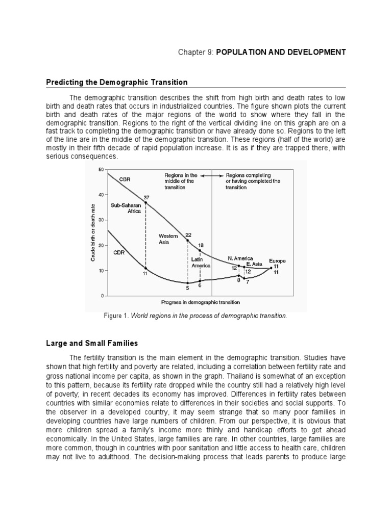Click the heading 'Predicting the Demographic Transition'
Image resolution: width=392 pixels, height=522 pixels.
coord(117,82)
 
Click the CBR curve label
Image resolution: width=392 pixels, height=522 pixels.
coord(125,179)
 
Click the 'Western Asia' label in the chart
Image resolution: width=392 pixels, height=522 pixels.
coord(168,239)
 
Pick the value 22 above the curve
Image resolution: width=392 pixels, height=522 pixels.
coord(188,234)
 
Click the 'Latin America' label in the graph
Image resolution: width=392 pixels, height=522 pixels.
coord(201,262)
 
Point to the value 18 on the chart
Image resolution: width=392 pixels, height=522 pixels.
coord(201,245)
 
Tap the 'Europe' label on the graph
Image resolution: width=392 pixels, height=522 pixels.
coord(278,260)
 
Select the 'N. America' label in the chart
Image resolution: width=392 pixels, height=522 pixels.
coord(240,258)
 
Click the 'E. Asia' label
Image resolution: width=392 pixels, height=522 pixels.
coord(254,264)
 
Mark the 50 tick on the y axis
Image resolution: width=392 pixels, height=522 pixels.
coord(101,170)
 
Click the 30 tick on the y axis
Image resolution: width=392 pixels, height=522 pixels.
coord(101,220)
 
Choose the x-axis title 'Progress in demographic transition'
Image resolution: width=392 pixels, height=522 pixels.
coord(201,302)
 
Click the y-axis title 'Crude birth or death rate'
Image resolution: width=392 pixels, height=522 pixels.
coord(93,232)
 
